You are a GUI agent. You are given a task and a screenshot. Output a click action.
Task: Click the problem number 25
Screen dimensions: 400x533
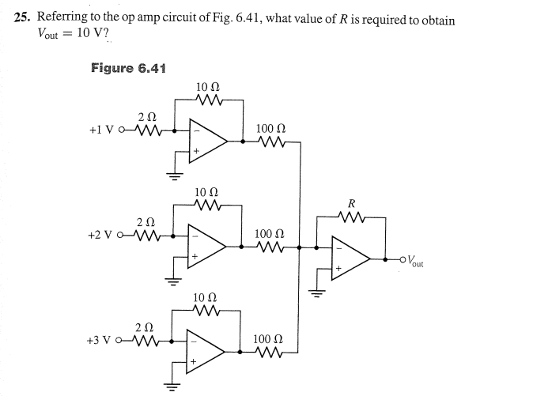(23, 19)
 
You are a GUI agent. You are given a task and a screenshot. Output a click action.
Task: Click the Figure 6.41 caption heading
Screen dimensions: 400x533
(128, 68)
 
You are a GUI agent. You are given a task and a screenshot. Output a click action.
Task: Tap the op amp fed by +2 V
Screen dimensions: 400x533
(207, 247)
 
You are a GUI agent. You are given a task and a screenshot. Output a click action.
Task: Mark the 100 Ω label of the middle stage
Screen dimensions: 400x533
(271, 234)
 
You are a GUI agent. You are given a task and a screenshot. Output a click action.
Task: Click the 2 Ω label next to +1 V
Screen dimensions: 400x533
(146, 117)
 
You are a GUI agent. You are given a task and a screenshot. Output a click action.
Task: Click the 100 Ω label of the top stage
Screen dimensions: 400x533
(271, 128)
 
